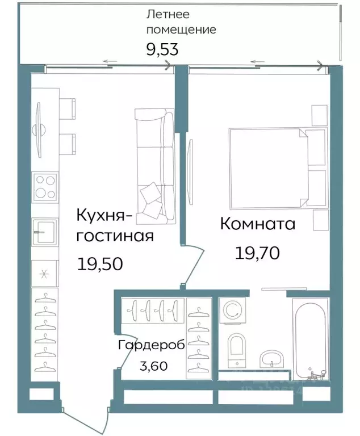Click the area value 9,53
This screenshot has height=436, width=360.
point(162,49)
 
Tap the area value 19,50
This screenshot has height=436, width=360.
point(100,263)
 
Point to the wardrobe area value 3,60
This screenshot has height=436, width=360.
point(153,366)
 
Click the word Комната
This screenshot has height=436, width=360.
point(257,224)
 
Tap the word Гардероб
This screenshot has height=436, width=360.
point(151,345)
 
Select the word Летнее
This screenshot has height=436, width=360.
point(168,14)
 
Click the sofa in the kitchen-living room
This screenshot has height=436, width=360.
point(155,165)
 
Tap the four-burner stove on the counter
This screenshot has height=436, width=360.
point(45,187)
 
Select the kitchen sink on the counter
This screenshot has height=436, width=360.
point(44,233)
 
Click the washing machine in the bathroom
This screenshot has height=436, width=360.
point(233,311)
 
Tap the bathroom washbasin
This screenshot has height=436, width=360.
point(274,359)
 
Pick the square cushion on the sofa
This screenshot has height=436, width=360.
point(152,193)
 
